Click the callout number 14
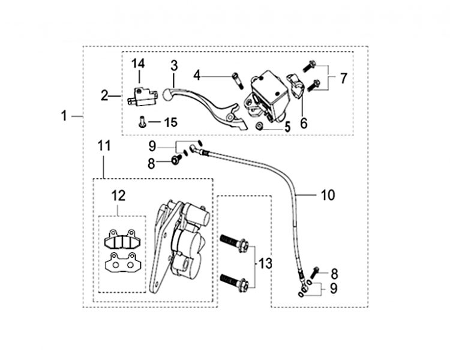[x=139, y=64]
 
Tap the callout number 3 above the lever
[x=174, y=66]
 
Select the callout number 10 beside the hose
[x=328, y=195]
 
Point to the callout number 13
[x=265, y=263]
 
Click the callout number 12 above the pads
[x=119, y=196]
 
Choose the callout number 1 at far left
[x=64, y=116]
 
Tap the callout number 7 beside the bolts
[x=344, y=79]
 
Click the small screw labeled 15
[x=142, y=122]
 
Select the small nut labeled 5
[x=259, y=126]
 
